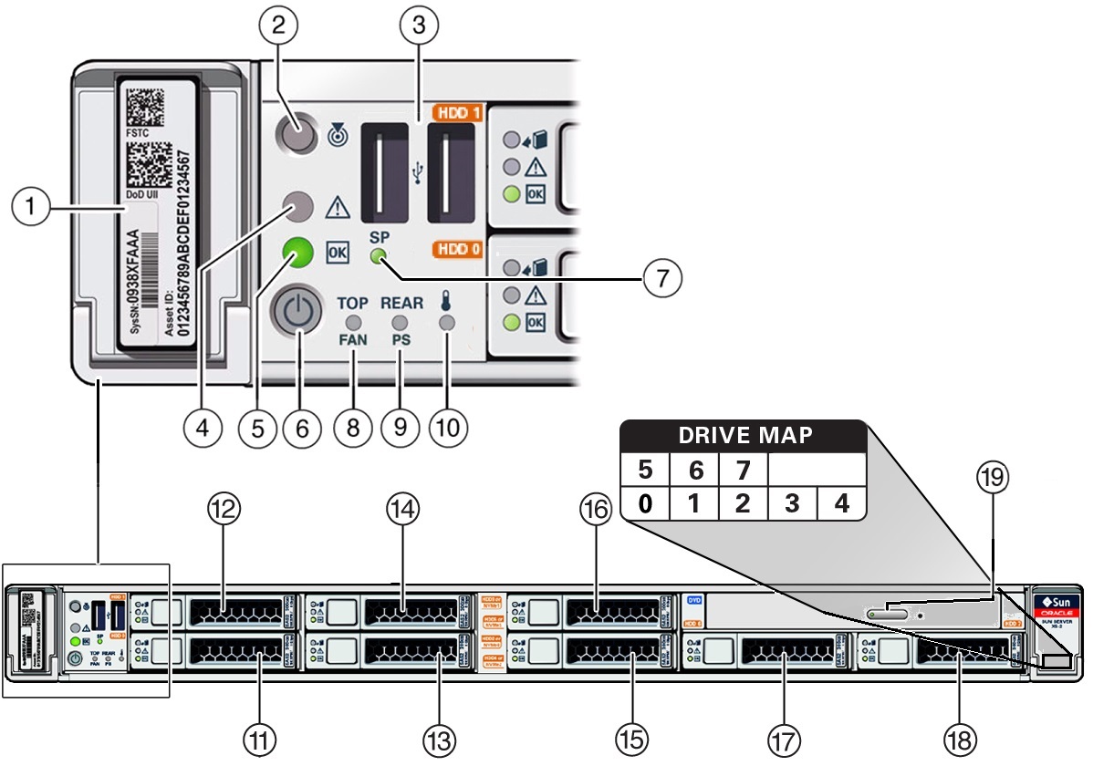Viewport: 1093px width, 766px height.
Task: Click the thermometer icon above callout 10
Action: pos(445,301)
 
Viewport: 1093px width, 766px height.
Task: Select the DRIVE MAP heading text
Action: pos(744,436)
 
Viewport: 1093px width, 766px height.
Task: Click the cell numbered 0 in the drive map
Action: pos(646,502)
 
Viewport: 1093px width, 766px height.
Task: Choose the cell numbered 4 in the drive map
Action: pos(841,502)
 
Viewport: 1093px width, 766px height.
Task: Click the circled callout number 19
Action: pos(993,476)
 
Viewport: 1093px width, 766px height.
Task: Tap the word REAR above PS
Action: pos(402,302)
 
